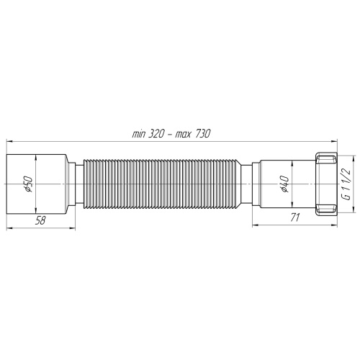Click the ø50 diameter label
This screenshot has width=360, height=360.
coord(27,185)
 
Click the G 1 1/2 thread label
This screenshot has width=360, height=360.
coord(346,184)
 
